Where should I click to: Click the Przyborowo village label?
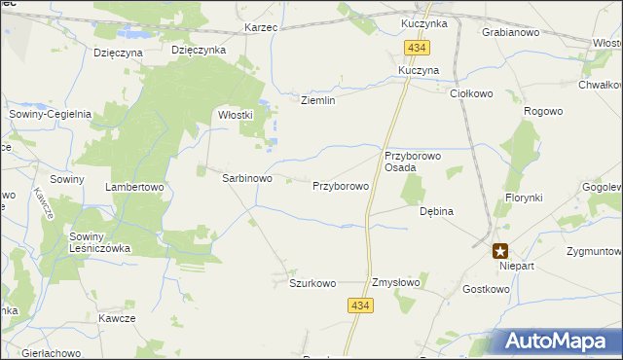click(340, 185)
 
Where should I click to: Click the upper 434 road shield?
click(418, 48)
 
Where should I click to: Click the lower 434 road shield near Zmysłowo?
click(360, 306)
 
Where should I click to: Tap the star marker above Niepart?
click(500, 250)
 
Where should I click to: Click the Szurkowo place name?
click(311, 283)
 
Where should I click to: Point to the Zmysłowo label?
click(395, 283)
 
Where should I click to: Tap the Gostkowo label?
click(487, 289)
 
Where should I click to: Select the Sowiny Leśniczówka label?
click(99, 242)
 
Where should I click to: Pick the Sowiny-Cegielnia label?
click(51, 114)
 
